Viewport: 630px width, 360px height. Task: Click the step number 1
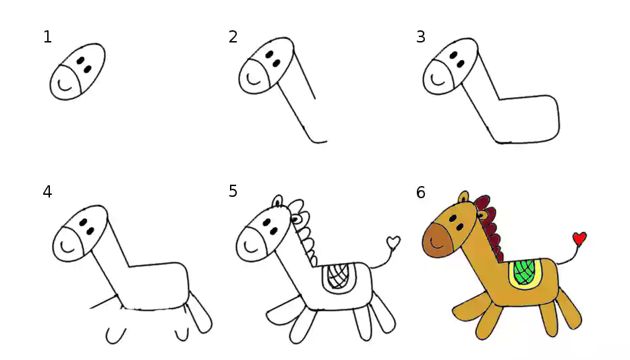click(x=47, y=37)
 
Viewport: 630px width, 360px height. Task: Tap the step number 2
click(x=233, y=37)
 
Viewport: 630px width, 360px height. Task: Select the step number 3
click(x=421, y=37)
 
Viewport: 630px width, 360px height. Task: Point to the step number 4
click(x=47, y=192)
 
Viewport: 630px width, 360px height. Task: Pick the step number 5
click(x=233, y=191)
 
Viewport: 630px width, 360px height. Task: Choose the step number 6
click(x=421, y=192)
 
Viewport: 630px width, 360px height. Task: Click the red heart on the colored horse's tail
click(x=579, y=238)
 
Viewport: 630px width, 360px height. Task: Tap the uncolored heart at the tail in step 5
click(x=393, y=242)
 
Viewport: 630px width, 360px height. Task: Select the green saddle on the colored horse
click(x=525, y=272)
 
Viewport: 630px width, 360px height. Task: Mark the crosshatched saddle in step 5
click(x=339, y=276)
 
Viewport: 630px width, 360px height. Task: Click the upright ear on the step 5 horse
click(x=278, y=202)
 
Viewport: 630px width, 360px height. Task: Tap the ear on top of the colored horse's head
click(x=463, y=197)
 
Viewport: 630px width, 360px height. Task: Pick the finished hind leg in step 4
click(x=200, y=313)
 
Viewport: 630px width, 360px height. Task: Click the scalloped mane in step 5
click(x=305, y=232)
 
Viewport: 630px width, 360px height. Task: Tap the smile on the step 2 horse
click(x=253, y=79)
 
